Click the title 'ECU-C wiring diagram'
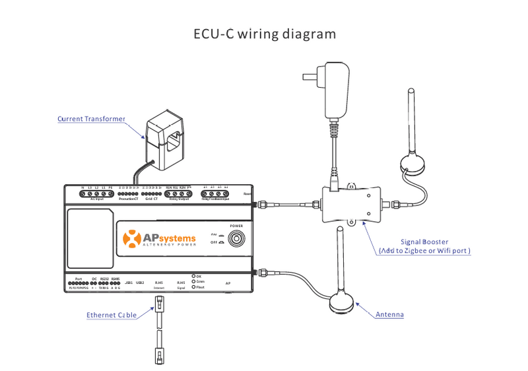[264, 33]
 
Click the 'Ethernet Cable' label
[112, 315]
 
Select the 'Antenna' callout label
[389, 315]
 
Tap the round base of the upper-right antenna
[414, 164]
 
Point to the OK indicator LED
[193, 275]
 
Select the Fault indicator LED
[193, 287]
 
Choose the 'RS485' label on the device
[115, 279]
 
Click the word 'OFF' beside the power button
[213, 242]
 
